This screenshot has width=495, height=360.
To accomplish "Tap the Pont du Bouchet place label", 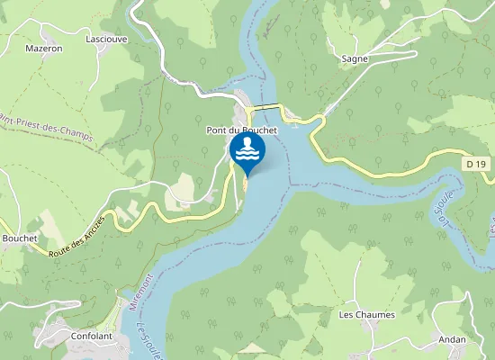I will pos(240,130).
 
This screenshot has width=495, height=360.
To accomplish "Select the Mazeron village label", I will pos(43,49).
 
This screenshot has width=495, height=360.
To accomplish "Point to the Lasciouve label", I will pos(104,40).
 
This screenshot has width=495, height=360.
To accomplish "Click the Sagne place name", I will pos(355,58).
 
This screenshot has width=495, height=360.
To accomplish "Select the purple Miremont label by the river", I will pos(135,294).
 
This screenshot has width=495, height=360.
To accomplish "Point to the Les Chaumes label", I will pos(359,315).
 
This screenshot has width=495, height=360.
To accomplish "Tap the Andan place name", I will pos(452,339).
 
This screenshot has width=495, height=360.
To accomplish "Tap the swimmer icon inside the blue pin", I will pos(247,149).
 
